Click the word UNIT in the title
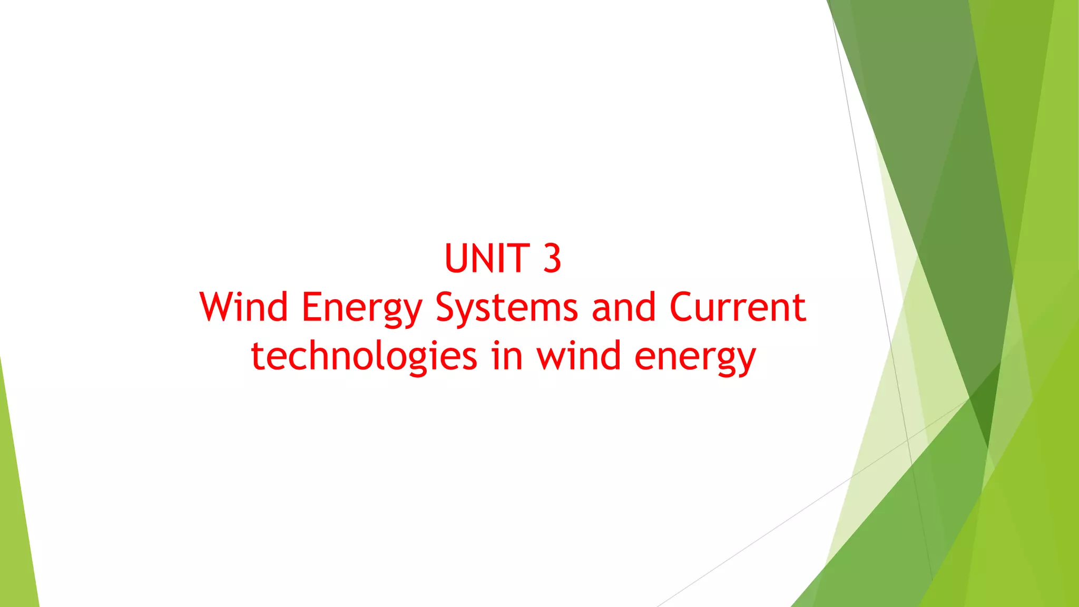click(487, 259)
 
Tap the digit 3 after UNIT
click(552, 259)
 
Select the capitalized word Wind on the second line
click(243, 307)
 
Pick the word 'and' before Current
click(624, 307)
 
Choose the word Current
click(738, 307)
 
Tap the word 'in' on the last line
click(507, 356)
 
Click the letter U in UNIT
click(457, 259)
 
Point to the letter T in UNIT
click(518, 259)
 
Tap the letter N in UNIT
click(487, 259)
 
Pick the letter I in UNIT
click(505, 259)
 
